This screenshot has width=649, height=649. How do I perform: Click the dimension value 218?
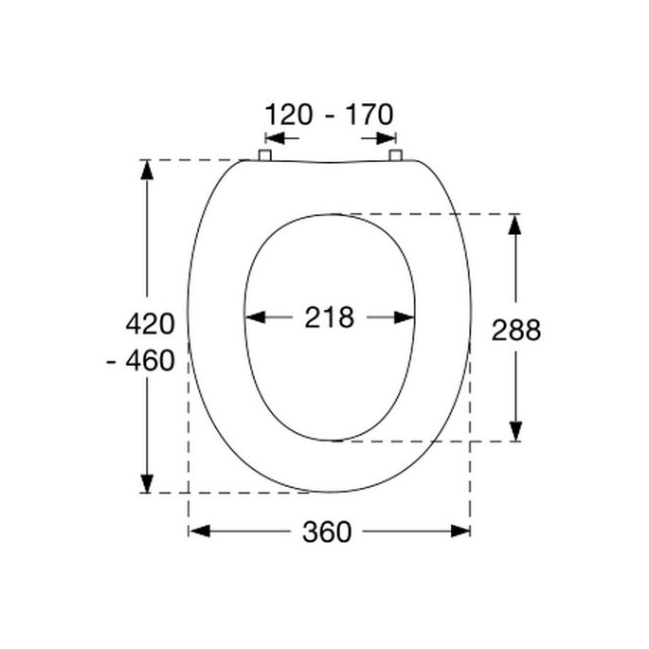(329, 317)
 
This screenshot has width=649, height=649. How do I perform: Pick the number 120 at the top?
(290, 116)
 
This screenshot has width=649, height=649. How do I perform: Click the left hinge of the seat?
(265, 155)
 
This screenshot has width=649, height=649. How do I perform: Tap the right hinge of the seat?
(396, 155)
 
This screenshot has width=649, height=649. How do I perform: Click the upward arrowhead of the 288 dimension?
(514, 224)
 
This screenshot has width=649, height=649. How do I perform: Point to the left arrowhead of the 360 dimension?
(198, 531)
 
